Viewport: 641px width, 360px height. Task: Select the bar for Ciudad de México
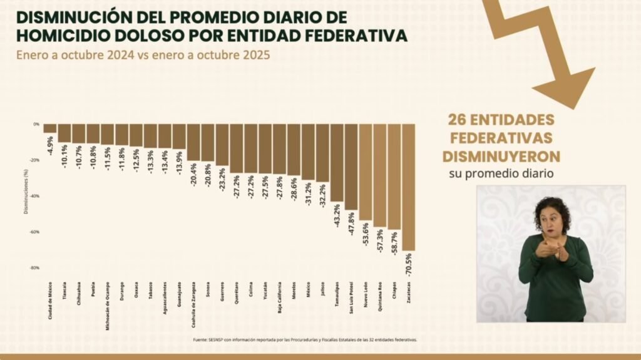tap(49, 128)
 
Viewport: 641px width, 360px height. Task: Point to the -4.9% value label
tap(50, 145)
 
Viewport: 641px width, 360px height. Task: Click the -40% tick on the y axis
tap(36, 196)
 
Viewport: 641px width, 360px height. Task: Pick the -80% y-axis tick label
tap(36, 268)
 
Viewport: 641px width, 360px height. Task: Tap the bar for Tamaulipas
tap(337, 162)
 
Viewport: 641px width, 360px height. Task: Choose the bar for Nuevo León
tap(366, 172)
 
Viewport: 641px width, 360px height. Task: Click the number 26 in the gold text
tap(458, 119)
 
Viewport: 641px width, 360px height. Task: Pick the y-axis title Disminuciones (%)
tap(26, 195)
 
